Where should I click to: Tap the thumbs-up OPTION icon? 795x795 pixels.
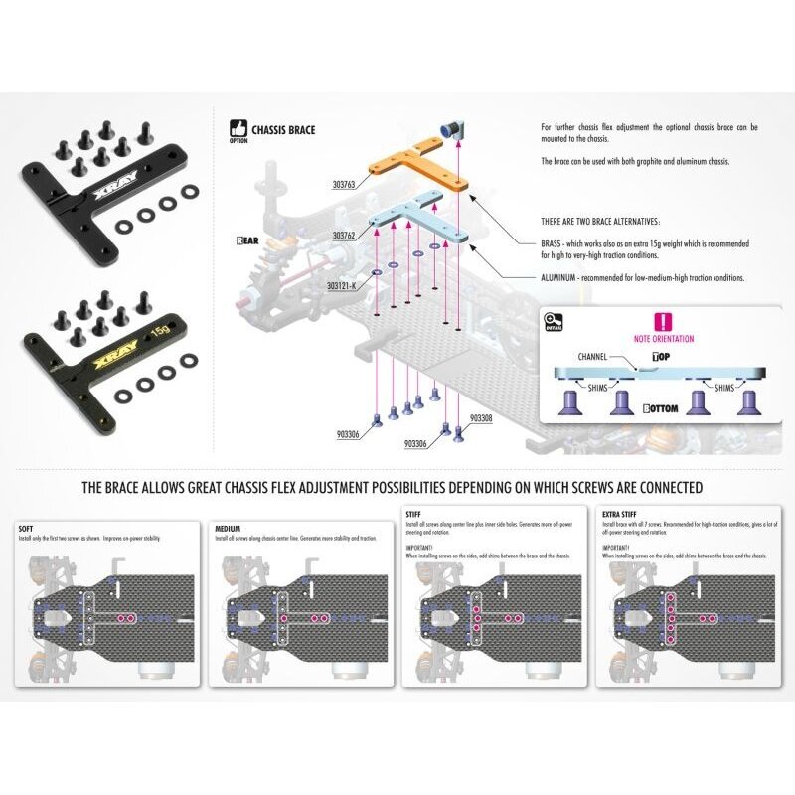[x=237, y=130]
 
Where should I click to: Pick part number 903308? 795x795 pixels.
[x=479, y=419]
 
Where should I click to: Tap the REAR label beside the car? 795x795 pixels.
[x=246, y=240]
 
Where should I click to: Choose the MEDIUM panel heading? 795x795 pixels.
[x=229, y=529]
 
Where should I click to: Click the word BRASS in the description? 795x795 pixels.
[x=554, y=243]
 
